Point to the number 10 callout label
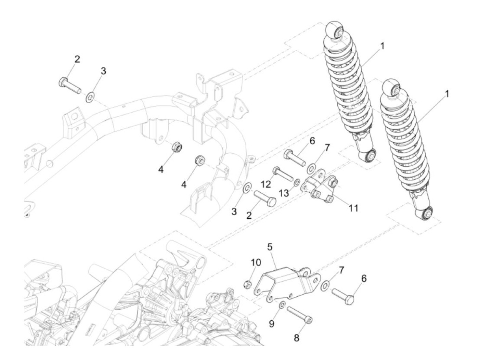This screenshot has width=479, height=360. click(256, 263)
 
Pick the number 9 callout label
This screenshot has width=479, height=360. click(272, 323)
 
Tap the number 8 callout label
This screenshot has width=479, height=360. click(297, 338)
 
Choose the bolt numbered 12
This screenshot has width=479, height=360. click(283, 174)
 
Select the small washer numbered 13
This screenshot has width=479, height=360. click(297, 181)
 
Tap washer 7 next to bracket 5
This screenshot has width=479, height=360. click(325, 285)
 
